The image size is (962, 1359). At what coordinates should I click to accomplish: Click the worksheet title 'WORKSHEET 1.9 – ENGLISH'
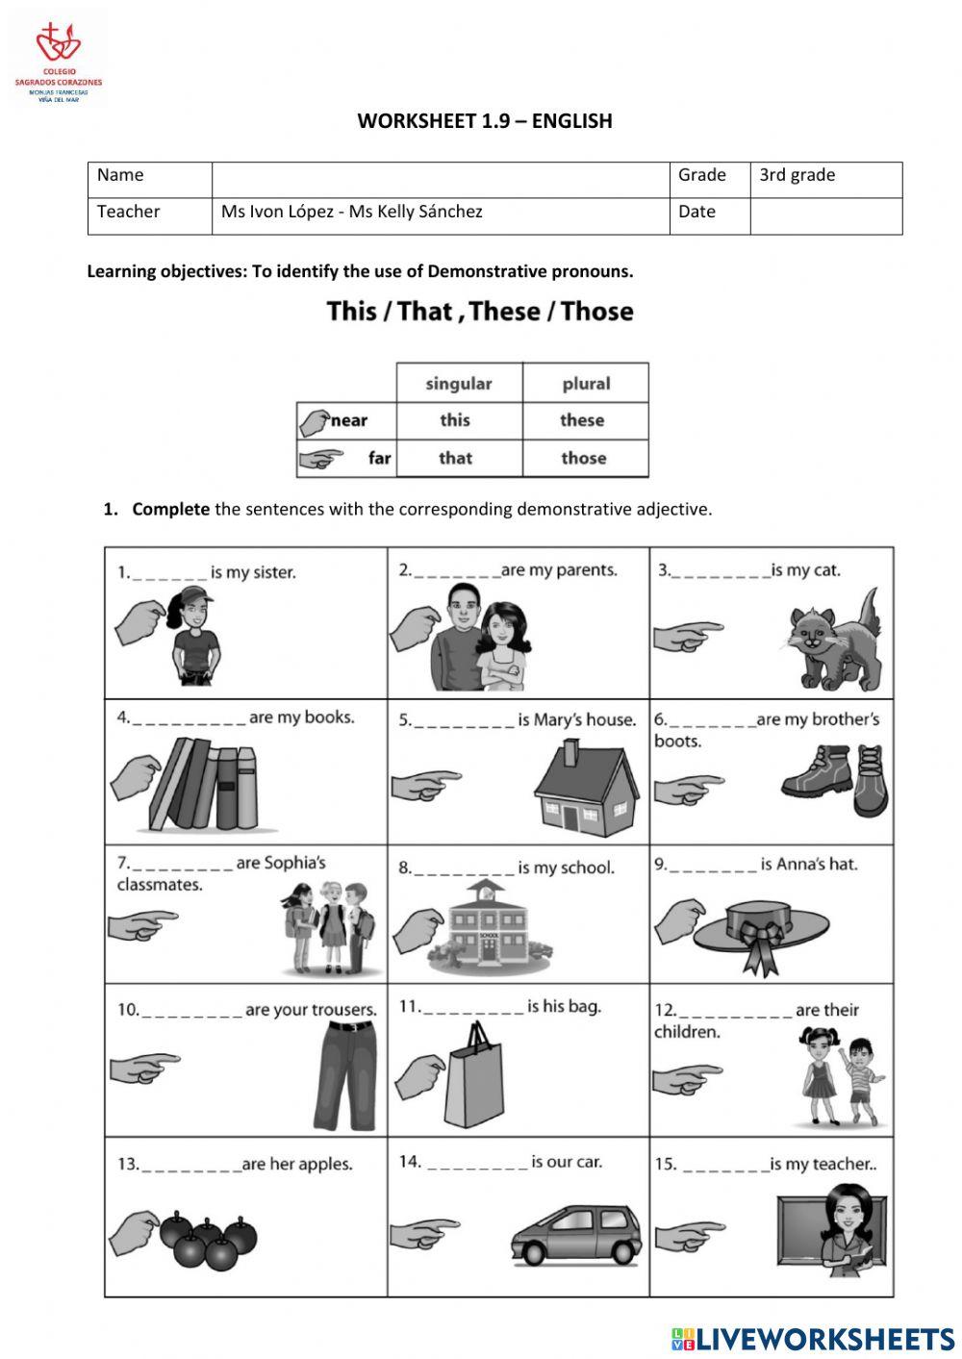(484, 120)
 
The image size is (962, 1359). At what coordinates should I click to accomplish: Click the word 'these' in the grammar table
(582, 420)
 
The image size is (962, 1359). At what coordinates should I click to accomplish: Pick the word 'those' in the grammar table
(583, 458)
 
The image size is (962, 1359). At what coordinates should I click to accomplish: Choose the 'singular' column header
(458, 384)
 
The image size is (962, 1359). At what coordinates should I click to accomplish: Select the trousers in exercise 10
(343, 1074)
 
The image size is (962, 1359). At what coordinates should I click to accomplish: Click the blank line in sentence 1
(169, 574)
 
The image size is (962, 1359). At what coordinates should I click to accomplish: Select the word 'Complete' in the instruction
(170, 510)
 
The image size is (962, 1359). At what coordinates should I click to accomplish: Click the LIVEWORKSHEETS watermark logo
(813, 1339)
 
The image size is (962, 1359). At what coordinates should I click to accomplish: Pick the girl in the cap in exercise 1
(196, 638)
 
